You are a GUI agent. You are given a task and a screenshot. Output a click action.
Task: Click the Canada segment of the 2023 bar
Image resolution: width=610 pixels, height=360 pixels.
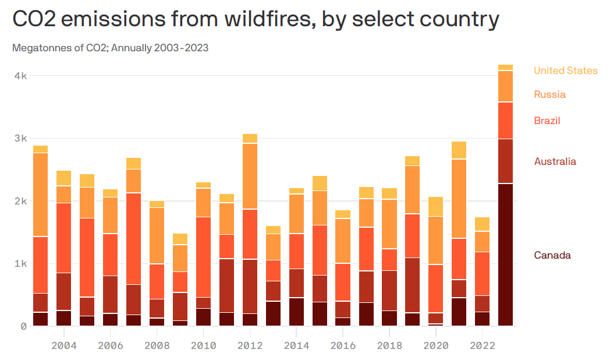505,255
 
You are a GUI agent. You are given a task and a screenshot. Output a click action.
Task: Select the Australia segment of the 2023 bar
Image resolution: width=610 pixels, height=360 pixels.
505,161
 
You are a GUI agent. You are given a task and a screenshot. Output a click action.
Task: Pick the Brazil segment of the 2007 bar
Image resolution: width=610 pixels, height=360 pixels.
133,239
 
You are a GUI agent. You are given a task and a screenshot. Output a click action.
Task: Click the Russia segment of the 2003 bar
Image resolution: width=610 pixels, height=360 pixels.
40,195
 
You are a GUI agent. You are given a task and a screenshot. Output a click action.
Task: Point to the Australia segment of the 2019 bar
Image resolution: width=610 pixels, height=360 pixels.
412,285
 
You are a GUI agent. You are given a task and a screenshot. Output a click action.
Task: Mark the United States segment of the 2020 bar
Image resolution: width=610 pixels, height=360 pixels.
435,207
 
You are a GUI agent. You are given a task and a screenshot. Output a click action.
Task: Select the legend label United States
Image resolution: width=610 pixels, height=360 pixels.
565,70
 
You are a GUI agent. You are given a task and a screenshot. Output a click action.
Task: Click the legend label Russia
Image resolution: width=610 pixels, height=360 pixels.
549,94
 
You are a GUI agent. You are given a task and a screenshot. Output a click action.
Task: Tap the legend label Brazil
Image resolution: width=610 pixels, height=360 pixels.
547,121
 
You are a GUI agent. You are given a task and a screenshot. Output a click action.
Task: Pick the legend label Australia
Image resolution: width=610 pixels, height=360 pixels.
555,161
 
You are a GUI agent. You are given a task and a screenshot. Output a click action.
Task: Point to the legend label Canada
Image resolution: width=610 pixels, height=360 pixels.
552,255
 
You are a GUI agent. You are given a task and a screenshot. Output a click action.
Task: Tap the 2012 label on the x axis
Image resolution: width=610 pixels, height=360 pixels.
250,345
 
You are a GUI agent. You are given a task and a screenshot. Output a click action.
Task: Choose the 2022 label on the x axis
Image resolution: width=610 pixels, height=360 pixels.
482,345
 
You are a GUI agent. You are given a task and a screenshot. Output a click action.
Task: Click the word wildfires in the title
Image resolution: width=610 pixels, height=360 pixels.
268,20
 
